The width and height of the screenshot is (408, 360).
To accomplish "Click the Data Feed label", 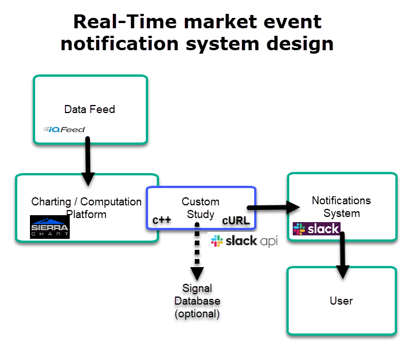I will (89, 109).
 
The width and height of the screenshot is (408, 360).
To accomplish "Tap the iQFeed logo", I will (64, 129).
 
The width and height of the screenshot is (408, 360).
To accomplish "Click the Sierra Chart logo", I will (50, 227).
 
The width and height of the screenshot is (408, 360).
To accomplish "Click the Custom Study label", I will (201, 208).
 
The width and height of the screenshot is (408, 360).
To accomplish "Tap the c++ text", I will (161, 220).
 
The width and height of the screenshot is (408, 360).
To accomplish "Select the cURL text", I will (236, 220).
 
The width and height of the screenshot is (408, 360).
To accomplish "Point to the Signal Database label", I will (197, 294).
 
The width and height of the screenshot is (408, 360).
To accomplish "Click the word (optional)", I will (197, 314).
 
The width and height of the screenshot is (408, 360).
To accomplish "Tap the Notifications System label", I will (341, 207).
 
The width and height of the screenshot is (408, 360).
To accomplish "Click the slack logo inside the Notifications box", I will (316, 228).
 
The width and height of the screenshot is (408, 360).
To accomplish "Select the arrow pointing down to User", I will (343, 254).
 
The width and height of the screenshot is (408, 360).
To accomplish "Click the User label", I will (341, 301).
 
